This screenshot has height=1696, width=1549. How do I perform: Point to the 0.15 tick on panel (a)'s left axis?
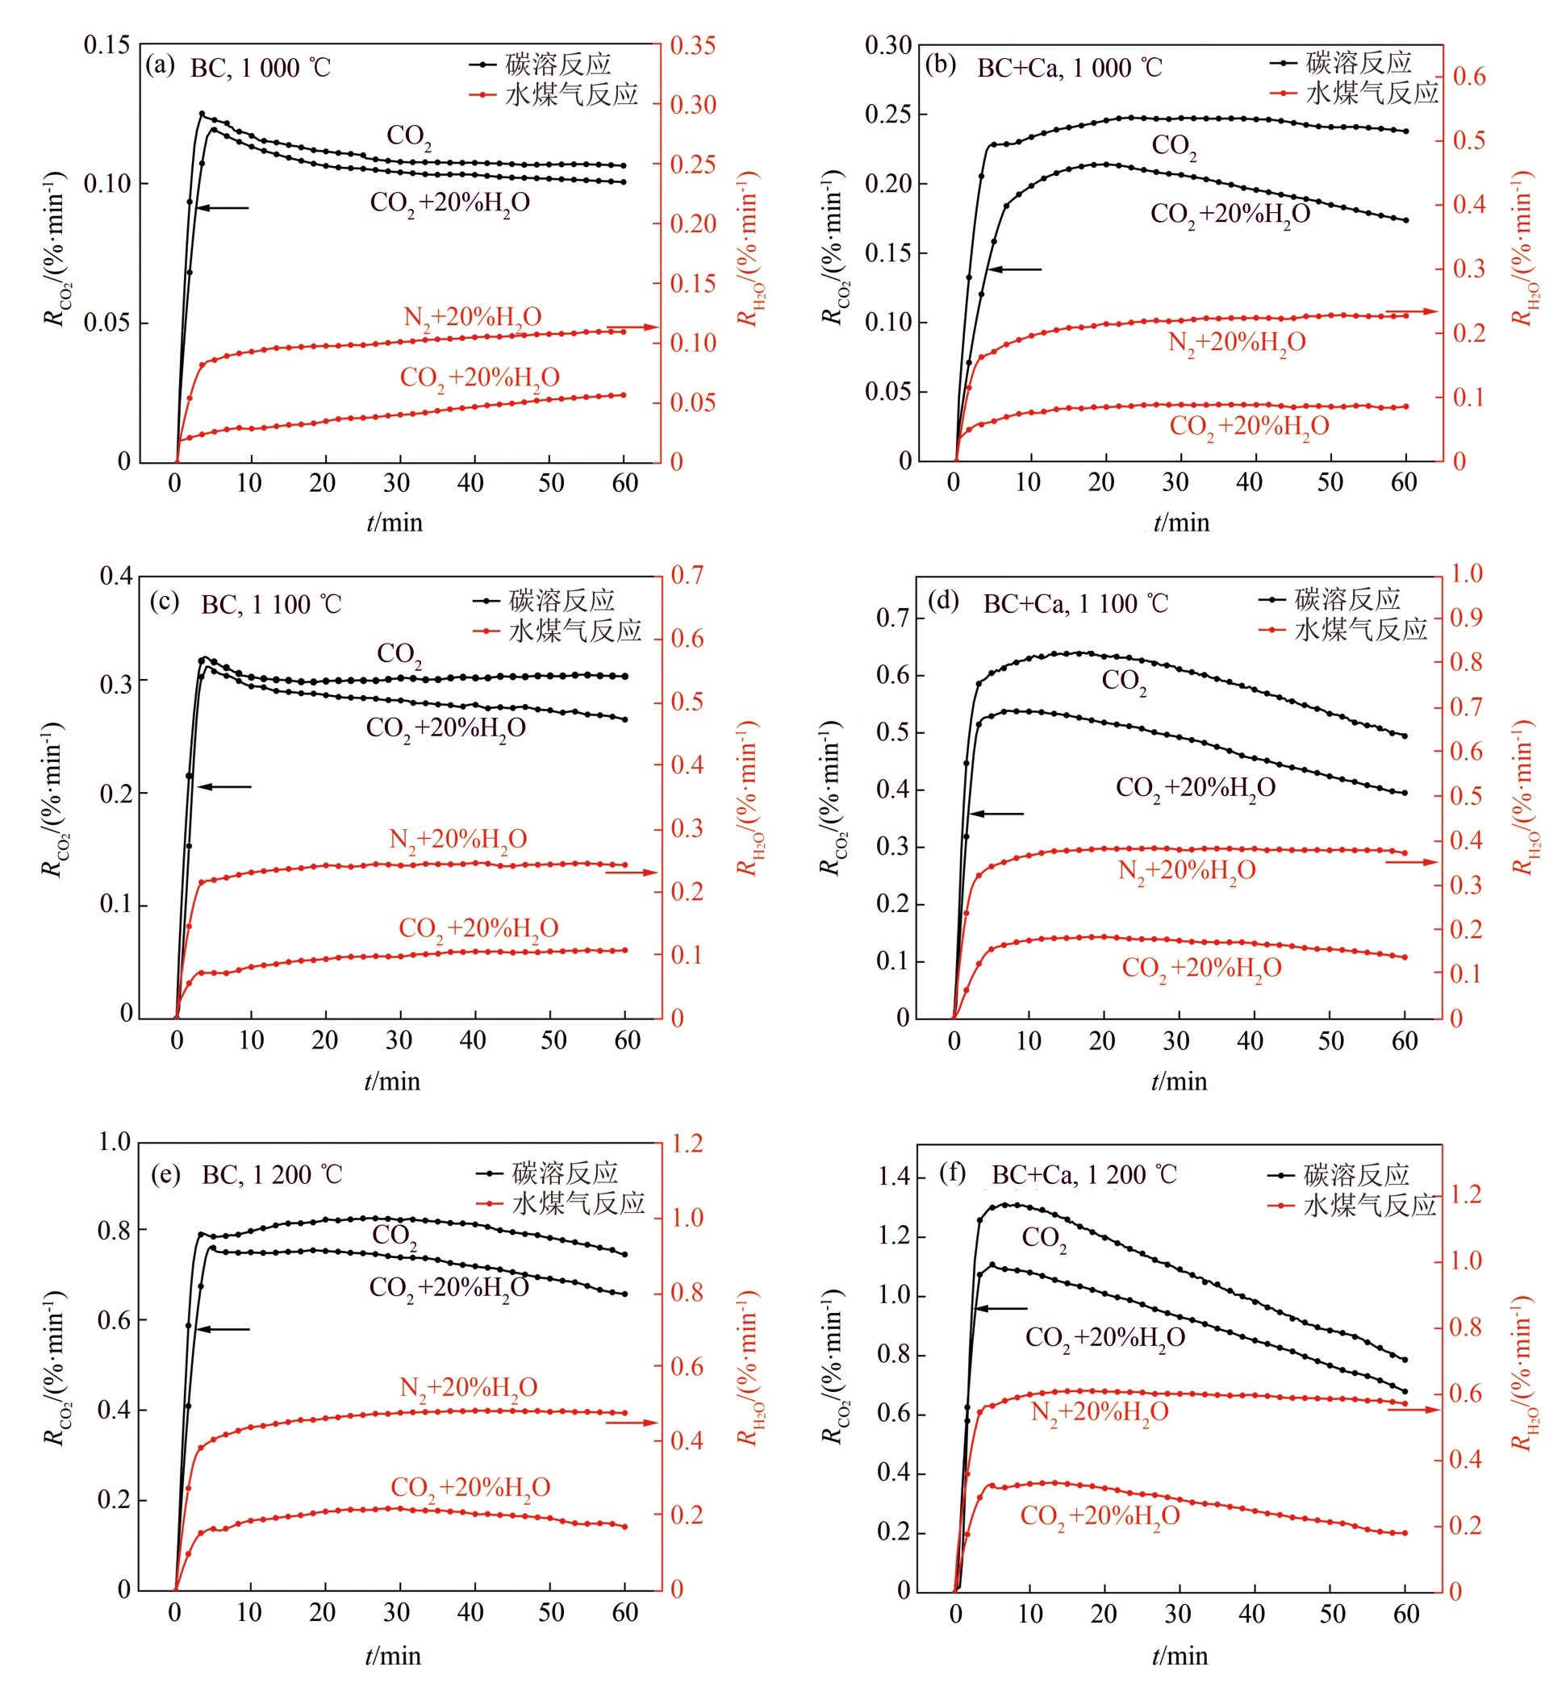(x=106, y=44)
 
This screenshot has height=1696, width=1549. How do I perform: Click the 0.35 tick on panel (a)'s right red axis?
(x=693, y=45)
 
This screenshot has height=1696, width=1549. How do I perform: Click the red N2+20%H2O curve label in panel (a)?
(x=472, y=318)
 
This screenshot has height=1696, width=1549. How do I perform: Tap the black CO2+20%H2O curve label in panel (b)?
(x=1230, y=215)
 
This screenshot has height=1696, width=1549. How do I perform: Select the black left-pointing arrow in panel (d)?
(x=996, y=814)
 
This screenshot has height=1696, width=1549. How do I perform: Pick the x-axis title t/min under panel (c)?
(x=392, y=1081)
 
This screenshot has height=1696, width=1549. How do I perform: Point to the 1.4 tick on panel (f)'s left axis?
(x=896, y=1176)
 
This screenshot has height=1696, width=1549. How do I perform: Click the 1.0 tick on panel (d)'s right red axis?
(x=1467, y=573)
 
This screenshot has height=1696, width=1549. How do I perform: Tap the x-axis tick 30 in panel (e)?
(x=396, y=1613)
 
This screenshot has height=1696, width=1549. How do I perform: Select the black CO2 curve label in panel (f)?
(x=1044, y=1237)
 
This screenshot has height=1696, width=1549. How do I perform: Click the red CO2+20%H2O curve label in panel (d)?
(x=1201, y=969)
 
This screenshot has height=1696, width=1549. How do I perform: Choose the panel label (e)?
(x=165, y=1173)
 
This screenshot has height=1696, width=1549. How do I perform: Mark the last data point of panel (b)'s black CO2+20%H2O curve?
(x=1405, y=220)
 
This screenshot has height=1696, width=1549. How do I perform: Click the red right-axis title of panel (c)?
(x=748, y=797)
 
